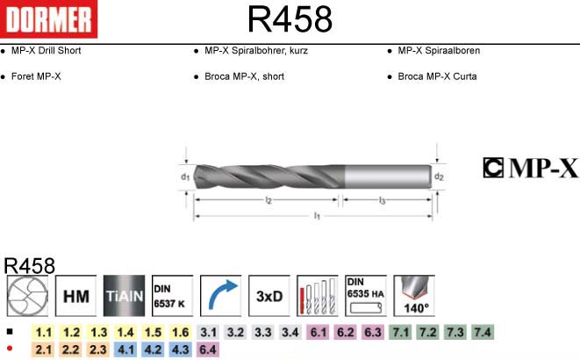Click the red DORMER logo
[x=48, y=18]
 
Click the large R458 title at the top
[x=290, y=19]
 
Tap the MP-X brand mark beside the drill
[x=531, y=168]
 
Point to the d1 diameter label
[x=185, y=176]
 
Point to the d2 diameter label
[x=439, y=176]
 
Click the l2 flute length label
[x=269, y=200]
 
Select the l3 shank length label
[x=382, y=200]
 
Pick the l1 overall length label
[x=317, y=216]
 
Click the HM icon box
[x=75, y=296]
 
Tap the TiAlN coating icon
[x=125, y=296]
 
